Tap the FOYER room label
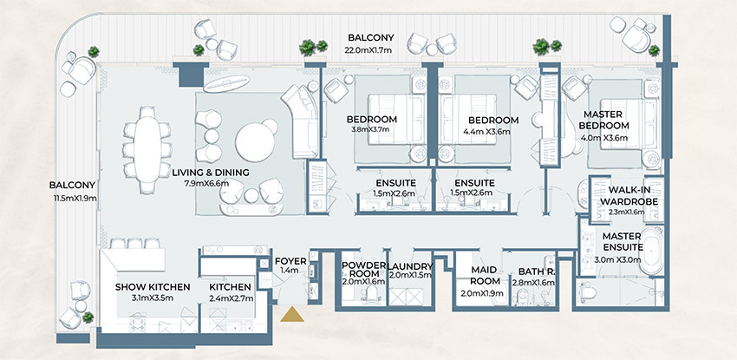point(287,259)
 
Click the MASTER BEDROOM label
point(619,119)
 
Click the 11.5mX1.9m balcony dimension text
point(73,198)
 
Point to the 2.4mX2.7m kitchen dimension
point(230,298)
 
